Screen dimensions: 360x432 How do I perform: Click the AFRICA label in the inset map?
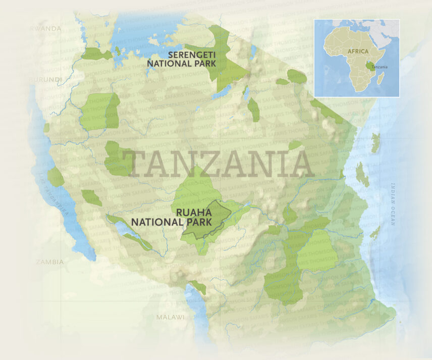coord(356,51)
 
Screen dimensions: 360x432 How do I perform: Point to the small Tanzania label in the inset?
coord(380,67)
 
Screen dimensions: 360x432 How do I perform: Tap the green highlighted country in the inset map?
coord(368,65)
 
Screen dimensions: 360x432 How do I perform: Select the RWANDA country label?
coord(46,29)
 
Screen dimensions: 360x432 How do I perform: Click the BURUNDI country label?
coord(46,80)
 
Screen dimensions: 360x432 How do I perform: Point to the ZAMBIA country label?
coord(49,262)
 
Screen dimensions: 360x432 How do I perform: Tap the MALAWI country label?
coord(170,317)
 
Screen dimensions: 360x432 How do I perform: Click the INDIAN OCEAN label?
coord(394,207)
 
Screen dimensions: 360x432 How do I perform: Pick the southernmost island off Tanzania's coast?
coord(375,232)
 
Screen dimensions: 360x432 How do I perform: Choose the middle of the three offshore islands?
coord(362,175)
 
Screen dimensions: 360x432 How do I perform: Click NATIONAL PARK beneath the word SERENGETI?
coord(182,63)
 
